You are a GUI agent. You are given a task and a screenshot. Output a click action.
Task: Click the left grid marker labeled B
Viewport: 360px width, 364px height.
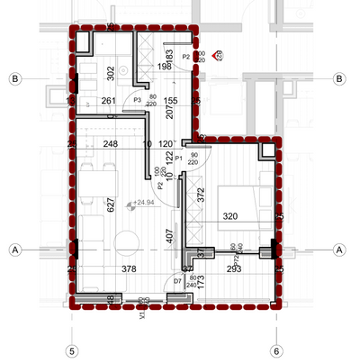click(x=14, y=79)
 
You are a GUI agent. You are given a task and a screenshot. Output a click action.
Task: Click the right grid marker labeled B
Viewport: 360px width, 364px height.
click(x=339, y=79)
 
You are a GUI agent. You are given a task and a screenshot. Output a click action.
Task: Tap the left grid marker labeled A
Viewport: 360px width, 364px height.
click(x=14, y=249)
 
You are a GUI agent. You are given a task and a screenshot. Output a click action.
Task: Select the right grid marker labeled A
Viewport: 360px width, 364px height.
click(x=339, y=249)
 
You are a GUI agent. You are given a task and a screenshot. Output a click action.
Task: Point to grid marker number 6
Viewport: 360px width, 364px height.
click(x=276, y=350)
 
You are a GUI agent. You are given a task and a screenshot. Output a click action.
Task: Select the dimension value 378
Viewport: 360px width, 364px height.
click(x=130, y=268)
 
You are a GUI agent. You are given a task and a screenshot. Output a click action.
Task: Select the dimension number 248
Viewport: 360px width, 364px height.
click(x=111, y=144)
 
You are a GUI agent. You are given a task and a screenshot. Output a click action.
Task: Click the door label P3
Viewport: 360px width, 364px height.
click(x=138, y=100)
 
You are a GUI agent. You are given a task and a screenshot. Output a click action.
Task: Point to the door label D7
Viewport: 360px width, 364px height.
click(x=177, y=282)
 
